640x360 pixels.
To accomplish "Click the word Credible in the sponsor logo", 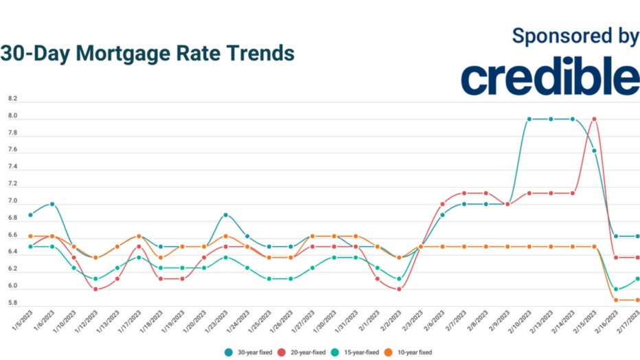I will click(x=550, y=77).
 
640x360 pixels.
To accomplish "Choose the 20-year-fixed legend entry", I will click(x=306, y=352).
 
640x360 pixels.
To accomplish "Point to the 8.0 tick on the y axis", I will click(x=12, y=116).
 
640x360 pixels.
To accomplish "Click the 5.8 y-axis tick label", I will click(x=12, y=303).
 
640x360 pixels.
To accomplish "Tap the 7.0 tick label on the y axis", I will click(x=12, y=201).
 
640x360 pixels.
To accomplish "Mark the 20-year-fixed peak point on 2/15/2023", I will click(x=595, y=119).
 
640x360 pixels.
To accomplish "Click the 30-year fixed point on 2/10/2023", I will click(x=529, y=119).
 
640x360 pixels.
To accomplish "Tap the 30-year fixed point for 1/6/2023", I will click(x=52, y=204).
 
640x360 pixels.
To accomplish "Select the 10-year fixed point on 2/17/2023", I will click(x=638, y=300).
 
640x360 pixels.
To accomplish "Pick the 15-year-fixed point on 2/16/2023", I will click(x=616, y=289).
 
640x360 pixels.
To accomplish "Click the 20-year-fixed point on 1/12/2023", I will click(x=95, y=289).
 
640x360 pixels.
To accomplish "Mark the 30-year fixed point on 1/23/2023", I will click(x=226, y=215).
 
